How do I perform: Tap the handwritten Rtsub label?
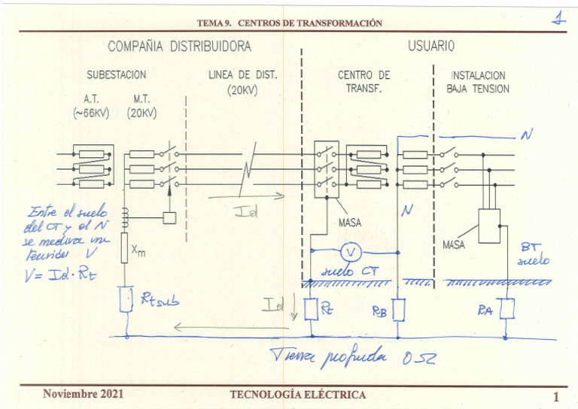click(x=159, y=303)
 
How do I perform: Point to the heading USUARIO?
click(x=431, y=47)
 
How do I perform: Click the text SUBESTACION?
click(x=116, y=75)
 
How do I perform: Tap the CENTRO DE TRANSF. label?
click(x=364, y=81)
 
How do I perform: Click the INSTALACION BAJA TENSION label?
click(x=478, y=81)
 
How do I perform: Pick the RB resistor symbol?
click(x=399, y=309)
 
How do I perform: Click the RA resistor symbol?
click(x=507, y=309)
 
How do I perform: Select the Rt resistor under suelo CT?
click(x=311, y=308)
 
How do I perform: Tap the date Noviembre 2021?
click(x=84, y=394)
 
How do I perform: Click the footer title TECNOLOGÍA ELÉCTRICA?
click(x=297, y=395)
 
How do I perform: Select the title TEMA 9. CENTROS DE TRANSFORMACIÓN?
click(x=289, y=23)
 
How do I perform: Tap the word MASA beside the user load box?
click(x=454, y=245)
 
